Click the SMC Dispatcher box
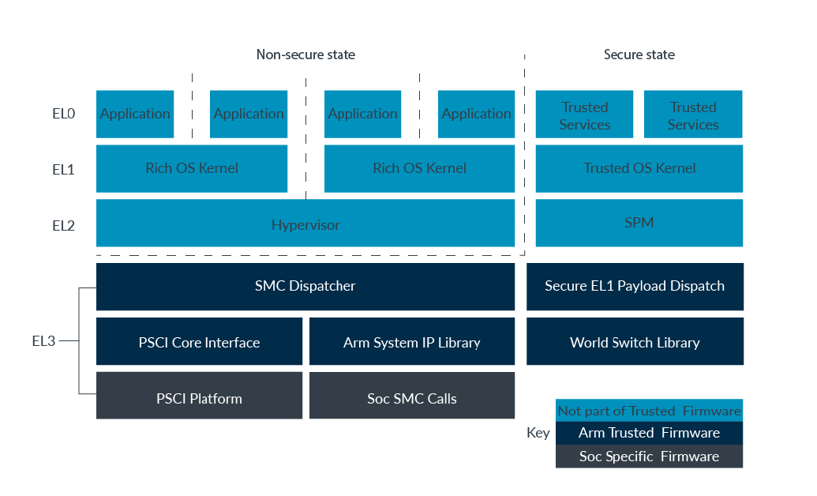[305, 286]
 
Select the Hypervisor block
[305, 224]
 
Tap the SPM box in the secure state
[639, 223]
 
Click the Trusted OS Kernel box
[639, 168]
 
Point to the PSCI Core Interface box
[199, 342]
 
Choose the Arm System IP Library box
[411, 342]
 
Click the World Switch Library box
[635, 342]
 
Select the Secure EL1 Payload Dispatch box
[635, 286]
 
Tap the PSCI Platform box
[199, 397]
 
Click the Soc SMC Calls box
[411, 397]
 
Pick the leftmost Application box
[135, 114]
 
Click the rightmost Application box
[476, 114]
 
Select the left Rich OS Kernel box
[192, 168]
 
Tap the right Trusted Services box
[693, 115]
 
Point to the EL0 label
[63, 114]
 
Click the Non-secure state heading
[305, 54]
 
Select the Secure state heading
[639, 54]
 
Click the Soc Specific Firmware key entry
[649, 456]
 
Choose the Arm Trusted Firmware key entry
[649, 432]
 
